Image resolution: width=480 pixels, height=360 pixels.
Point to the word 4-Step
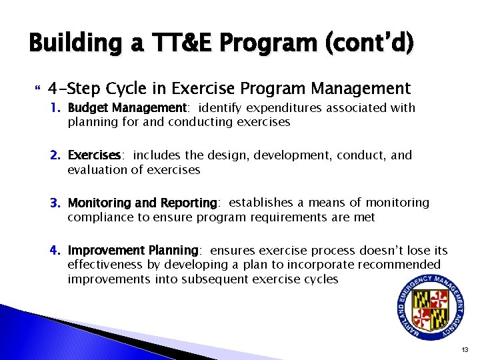point(73,88)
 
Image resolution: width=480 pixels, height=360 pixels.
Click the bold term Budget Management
point(126,108)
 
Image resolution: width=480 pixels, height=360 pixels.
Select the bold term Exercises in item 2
point(94,155)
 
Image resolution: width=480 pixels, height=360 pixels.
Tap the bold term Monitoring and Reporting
point(143,203)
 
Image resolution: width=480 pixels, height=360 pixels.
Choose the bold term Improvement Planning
point(133,251)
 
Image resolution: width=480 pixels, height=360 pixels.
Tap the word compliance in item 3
point(96,217)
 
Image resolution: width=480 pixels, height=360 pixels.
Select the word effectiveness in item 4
point(101,265)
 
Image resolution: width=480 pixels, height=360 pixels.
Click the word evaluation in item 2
point(94,170)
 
